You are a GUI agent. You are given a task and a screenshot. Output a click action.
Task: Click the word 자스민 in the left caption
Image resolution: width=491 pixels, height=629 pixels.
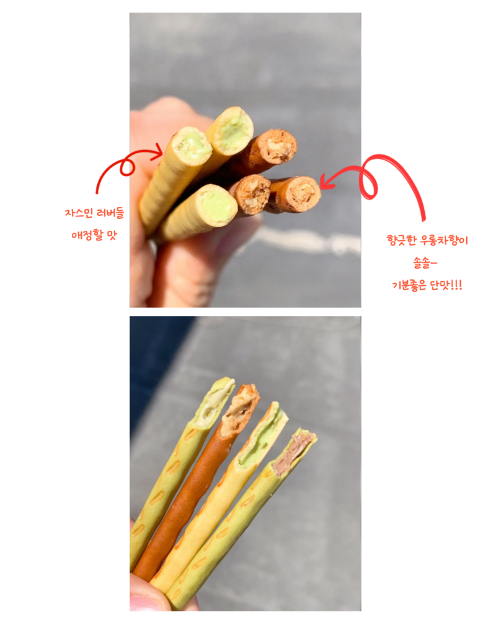[78, 213]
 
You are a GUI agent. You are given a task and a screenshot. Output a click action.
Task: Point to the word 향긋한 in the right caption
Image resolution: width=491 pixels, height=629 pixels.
[401, 240]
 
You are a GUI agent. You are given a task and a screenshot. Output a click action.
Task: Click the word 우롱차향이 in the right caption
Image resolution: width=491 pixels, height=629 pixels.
[444, 240]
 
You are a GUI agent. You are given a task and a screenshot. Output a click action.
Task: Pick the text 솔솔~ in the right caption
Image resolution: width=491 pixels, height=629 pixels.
[425, 263]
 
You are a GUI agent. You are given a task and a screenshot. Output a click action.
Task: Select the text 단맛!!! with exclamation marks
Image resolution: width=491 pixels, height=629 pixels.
[446, 286]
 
